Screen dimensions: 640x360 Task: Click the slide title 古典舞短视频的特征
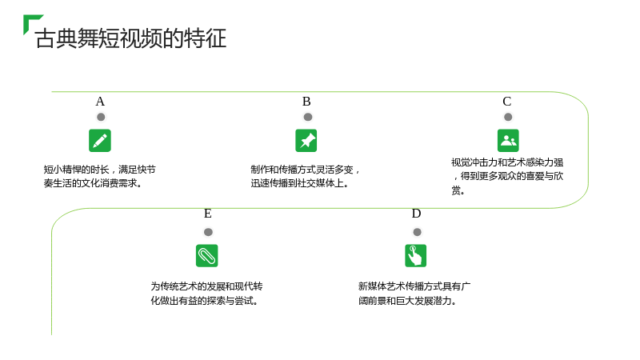click(130, 38)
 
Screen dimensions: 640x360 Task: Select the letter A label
click(100, 102)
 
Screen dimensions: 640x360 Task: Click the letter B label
click(306, 102)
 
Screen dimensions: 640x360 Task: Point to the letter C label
click(507, 102)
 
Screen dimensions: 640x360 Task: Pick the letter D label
click(416, 214)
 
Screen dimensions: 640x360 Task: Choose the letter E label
click(208, 214)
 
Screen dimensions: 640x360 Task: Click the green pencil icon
click(100, 141)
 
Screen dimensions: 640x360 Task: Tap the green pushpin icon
click(306, 141)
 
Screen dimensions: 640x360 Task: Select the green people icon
click(508, 141)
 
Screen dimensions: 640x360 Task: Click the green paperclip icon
click(207, 255)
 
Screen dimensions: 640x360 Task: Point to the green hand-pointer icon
click(415, 255)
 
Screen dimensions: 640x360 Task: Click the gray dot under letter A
click(101, 117)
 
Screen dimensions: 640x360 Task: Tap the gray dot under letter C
click(508, 117)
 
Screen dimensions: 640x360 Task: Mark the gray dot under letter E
click(208, 232)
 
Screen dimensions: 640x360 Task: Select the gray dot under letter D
click(417, 232)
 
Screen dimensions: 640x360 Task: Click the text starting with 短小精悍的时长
click(99, 176)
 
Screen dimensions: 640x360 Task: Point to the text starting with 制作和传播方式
click(305, 176)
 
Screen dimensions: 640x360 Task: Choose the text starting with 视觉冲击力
click(507, 176)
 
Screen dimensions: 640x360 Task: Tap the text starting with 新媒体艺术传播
click(414, 294)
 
